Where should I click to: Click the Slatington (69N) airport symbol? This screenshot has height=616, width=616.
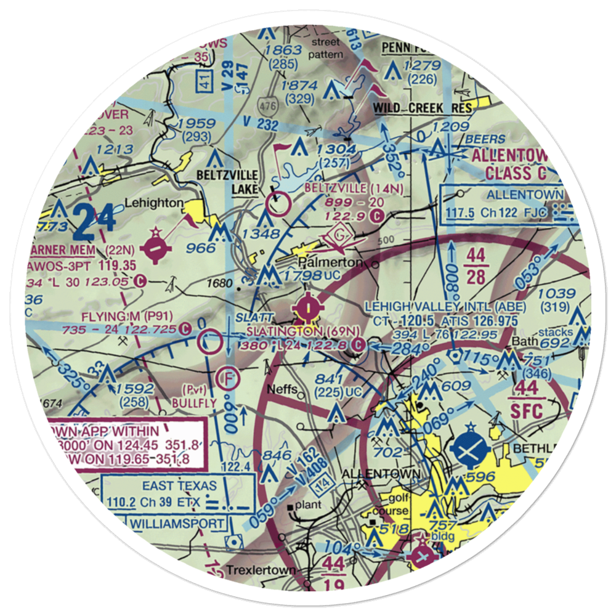coord(307,306)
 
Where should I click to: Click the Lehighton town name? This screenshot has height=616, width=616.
coord(154,202)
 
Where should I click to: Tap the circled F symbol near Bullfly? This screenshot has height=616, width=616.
coord(229,378)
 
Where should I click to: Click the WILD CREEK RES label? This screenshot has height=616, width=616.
coord(424,108)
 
